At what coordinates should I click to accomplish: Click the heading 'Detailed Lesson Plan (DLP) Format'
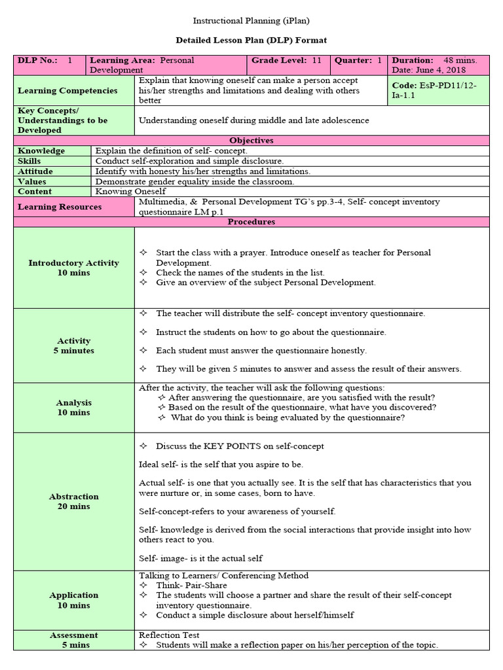[x=252, y=41]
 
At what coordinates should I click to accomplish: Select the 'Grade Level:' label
[x=278, y=60]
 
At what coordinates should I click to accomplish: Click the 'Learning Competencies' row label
[x=67, y=91]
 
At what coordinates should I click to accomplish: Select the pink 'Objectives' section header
[x=251, y=141]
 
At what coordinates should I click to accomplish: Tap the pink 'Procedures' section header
[x=251, y=222]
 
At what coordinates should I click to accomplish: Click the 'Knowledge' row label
[x=41, y=151]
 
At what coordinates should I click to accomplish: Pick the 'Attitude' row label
[x=35, y=171]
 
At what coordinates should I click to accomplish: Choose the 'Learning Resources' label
[x=60, y=207]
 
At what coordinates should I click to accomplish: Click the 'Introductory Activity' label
[x=73, y=263]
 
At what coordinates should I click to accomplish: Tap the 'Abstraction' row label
[x=73, y=497]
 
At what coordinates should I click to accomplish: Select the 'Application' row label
[x=73, y=595]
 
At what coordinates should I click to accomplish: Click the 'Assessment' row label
[x=73, y=635]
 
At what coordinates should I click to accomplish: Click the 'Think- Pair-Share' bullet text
[x=191, y=586]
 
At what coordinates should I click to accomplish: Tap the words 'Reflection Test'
[x=169, y=635]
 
